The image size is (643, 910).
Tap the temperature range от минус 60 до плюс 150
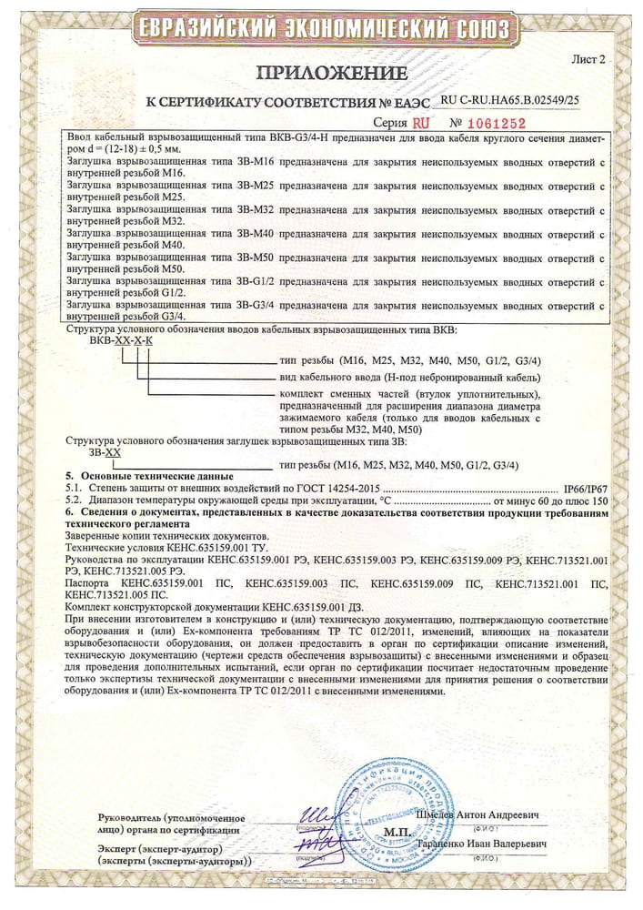549,501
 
